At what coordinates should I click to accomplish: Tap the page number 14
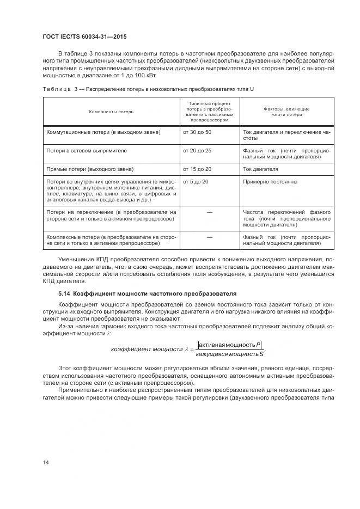click(x=45, y=462)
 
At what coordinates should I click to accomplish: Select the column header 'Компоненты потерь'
click(x=111, y=112)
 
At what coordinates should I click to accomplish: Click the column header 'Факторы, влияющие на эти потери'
click(x=286, y=112)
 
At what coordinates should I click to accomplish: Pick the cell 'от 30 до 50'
click(x=197, y=132)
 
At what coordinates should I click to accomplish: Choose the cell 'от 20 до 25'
click(x=197, y=150)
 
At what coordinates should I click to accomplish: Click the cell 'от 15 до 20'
click(x=197, y=169)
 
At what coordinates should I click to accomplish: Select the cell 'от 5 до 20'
click(x=196, y=181)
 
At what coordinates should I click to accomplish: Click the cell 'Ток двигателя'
click(x=260, y=169)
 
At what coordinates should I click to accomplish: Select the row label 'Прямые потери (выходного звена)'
click(x=90, y=169)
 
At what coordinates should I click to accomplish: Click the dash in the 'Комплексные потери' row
click(x=209, y=237)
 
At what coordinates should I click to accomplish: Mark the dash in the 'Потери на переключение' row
click(x=209, y=212)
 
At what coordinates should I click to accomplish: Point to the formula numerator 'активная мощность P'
click(x=230, y=345)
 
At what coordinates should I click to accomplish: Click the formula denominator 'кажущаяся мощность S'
click(x=229, y=354)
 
